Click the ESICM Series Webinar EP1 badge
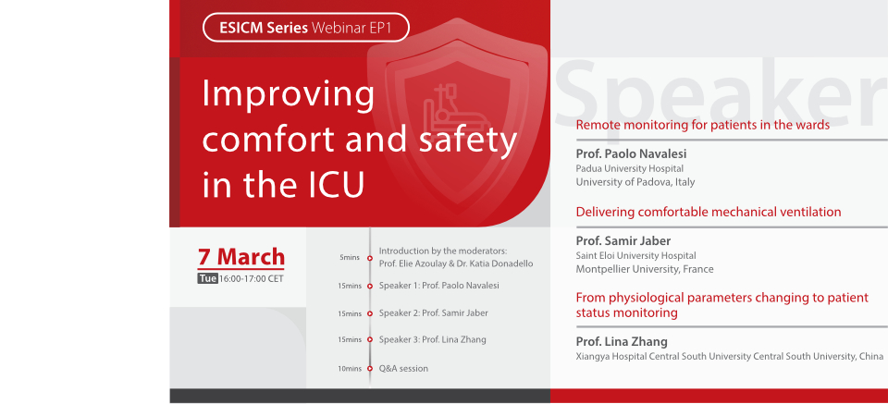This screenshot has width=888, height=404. tap(305, 28)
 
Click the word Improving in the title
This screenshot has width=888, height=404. tap(288, 95)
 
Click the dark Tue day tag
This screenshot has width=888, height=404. tap(207, 278)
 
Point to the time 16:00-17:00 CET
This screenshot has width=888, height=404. tap(251, 278)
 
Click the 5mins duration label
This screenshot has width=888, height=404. tap(350, 258)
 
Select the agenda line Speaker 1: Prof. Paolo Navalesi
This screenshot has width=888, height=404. tap(438, 286)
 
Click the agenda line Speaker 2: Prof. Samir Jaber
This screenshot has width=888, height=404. tap(433, 313)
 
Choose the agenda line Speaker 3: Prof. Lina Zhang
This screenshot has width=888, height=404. tap(432, 340)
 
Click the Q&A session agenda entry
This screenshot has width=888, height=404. tap(403, 368)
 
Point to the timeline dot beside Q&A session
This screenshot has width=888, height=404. tap(370, 369)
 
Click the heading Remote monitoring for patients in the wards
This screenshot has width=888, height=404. tap(702, 124)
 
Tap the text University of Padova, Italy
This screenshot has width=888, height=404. tap(635, 182)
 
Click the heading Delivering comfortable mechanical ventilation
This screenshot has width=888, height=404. tap(708, 212)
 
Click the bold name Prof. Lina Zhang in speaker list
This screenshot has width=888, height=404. tap(622, 342)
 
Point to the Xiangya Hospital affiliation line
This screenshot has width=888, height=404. tap(729, 356)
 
